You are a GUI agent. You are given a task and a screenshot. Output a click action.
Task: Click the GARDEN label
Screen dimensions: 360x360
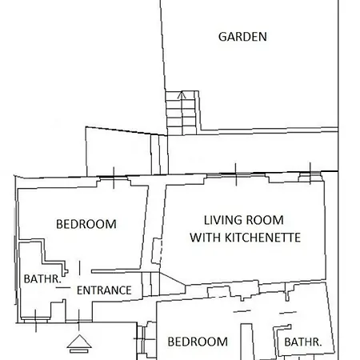pyautogui.click(x=242, y=37)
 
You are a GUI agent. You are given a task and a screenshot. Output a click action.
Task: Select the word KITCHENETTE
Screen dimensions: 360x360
pyautogui.click(x=263, y=238)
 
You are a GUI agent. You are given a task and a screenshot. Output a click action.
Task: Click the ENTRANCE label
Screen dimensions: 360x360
pyautogui.click(x=104, y=290)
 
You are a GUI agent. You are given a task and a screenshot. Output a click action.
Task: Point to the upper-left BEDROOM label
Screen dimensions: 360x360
pyautogui.click(x=86, y=224)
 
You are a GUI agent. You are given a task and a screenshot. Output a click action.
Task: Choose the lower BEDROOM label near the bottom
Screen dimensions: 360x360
pyautogui.click(x=198, y=342)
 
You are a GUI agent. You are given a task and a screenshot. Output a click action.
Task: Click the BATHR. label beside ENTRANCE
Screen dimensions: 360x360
pyautogui.click(x=42, y=279)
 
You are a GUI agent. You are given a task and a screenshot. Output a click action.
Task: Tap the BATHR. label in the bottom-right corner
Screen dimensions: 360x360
pyautogui.click(x=303, y=342)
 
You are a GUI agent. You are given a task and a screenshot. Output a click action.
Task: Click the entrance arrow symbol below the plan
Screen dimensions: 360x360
pyautogui.click(x=79, y=343)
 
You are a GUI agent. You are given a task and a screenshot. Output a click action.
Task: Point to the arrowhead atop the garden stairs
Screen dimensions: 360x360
pyautogui.click(x=182, y=94)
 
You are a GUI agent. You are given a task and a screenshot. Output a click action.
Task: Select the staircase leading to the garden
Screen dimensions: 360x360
pyautogui.click(x=182, y=113)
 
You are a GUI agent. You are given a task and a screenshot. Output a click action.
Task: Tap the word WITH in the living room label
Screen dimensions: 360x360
pyautogui.click(x=206, y=238)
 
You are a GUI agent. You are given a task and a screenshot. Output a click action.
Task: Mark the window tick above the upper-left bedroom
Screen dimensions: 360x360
pyautogui.click(x=114, y=178)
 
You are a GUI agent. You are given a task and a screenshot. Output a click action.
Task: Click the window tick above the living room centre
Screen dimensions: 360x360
pyautogui.click(x=236, y=174)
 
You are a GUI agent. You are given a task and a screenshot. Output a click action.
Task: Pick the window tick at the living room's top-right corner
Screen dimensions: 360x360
pyautogui.click(x=310, y=173)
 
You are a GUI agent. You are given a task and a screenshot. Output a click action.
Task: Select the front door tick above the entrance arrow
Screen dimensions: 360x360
pyautogui.click(x=79, y=320)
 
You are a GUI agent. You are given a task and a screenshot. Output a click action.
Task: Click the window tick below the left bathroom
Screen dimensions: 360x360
pyautogui.click(x=36, y=321)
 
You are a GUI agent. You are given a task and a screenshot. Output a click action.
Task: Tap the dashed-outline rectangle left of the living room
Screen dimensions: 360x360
pyautogui.click(x=157, y=251)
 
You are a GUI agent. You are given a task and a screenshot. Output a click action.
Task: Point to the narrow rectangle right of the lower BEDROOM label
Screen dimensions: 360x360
pyautogui.click(x=247, y=342)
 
